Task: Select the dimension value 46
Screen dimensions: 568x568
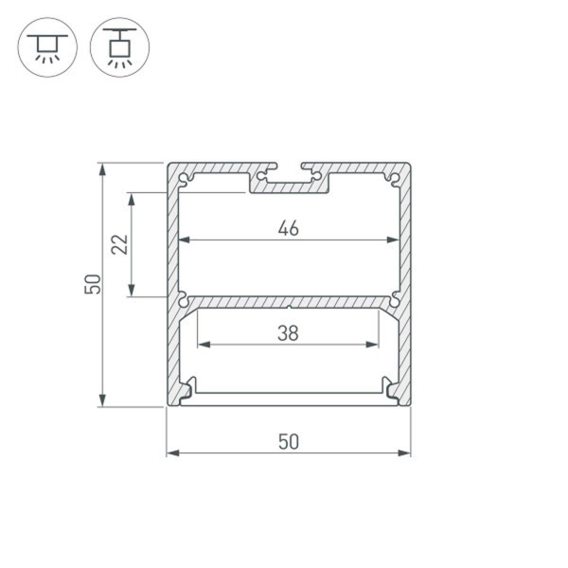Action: (289, 228)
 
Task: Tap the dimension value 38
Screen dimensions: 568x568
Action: (289, 332)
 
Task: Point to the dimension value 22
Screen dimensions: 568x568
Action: (119, 245)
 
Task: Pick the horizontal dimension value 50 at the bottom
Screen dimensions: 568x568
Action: (289, 441)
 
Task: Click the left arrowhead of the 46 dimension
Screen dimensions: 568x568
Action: (184, 240)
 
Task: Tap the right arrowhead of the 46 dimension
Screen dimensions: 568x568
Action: (394, 240)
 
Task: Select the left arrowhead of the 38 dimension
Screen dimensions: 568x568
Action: (202, 345)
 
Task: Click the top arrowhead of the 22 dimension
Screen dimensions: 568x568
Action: (133, 198)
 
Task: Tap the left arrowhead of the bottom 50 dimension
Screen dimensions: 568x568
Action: (171, 453)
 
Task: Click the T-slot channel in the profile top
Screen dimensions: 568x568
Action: (289, 177)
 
